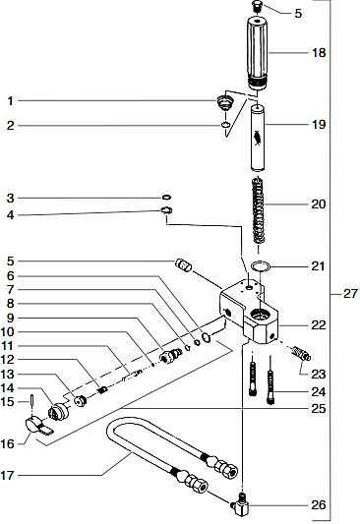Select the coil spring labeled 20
260,207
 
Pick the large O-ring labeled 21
261,265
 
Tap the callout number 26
318,505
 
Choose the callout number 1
11,100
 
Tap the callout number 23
318,375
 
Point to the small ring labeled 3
168,198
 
